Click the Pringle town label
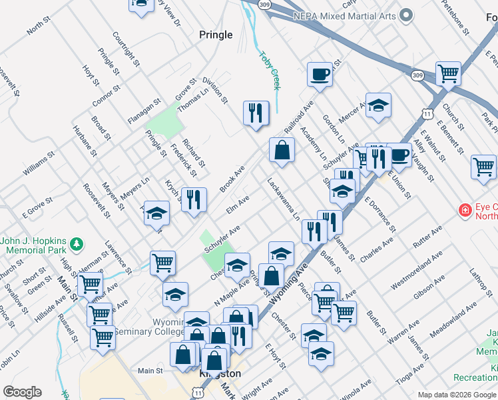click(x=216, y=35)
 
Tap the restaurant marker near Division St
click(x=256, y=113)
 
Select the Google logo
click(x=22, y=392)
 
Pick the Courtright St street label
click(x=126, y=50)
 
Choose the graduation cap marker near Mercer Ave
click(x=378, y=105)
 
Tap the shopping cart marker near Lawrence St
click(x=162, y=263)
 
